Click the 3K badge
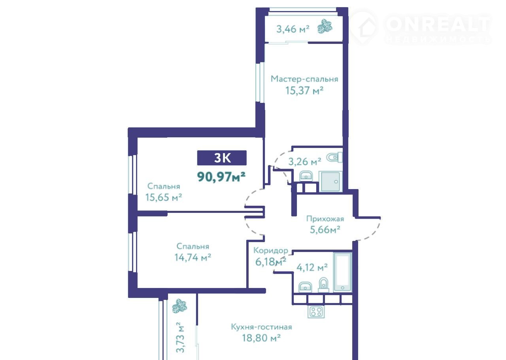tap(222, 157)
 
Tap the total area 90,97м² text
tap(221, 176)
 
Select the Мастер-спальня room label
tap(304, 79)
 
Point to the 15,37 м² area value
tap(304, 91)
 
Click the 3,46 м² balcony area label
tap(293, 29)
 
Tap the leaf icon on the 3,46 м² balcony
tap(325, 27)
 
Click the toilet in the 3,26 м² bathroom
tap(334, 157)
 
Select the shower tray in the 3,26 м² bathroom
tap(330, 181)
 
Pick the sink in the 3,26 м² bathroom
tap(306, 176)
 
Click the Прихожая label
tap(325, 219)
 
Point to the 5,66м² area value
tap(325, 229)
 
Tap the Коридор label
tap(271, 250)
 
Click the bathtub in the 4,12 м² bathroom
tap(342, 272)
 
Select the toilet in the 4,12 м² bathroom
tap(323, 284)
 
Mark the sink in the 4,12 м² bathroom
tap(305, 287)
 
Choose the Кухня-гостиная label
tap(261, 327)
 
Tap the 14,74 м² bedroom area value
tap(193, 257)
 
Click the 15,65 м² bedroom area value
tap(164, 197)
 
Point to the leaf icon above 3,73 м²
tap(179, 306)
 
